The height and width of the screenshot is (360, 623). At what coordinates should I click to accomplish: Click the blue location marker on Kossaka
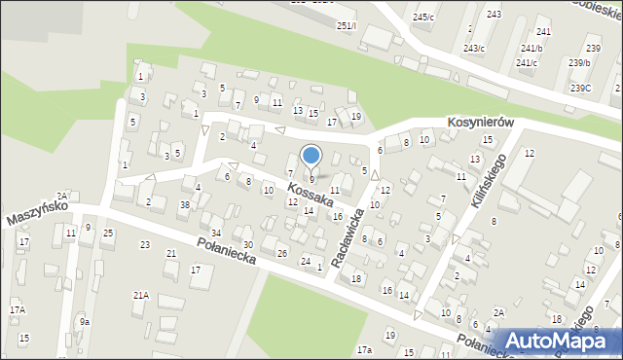click(x=311, y=155)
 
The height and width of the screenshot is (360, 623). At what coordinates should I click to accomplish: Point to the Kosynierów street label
click(x=480, y=124)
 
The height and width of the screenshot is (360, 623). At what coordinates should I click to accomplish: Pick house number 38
click(x=184, y=204)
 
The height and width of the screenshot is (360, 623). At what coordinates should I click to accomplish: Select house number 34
click(x=216, y=234)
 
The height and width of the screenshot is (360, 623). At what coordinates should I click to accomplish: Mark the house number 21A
click(x=141, y=295)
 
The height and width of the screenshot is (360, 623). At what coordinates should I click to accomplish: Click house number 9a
click(x=85, y=322)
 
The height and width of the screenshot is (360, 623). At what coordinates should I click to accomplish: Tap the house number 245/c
click(x=423, y=18)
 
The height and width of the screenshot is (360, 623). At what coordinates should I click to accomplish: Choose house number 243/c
click(x=474, y=49)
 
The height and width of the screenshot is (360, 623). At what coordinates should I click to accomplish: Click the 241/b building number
click(x=531, y=48)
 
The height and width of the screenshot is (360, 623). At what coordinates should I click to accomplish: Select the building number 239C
click(x=580, y=89)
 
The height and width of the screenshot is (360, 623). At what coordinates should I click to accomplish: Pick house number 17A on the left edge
click(x=17, y=309)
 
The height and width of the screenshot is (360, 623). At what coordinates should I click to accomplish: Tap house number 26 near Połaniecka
click(x=282, y=253)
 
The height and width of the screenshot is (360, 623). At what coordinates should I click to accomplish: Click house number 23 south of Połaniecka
click(x=145, y=244)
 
